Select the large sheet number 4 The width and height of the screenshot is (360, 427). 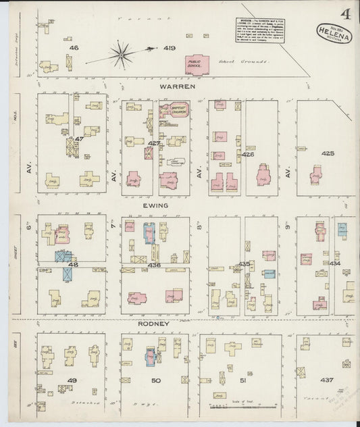click(x=344, y=13)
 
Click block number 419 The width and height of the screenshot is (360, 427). click(x=169, y=48)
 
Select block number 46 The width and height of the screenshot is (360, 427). click(x=74, y=48)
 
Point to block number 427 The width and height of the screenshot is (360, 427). click(x=154, y=144)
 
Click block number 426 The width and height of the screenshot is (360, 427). click(x=247, y=155)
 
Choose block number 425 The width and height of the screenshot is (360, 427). click(x=328, y=153)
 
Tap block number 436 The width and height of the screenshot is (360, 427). click(x=155, y=265)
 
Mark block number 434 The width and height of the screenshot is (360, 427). click(x=334, y=262)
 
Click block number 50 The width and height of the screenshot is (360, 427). click(x=156, y=381)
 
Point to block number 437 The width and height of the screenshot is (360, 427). click(x=327, y=380)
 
